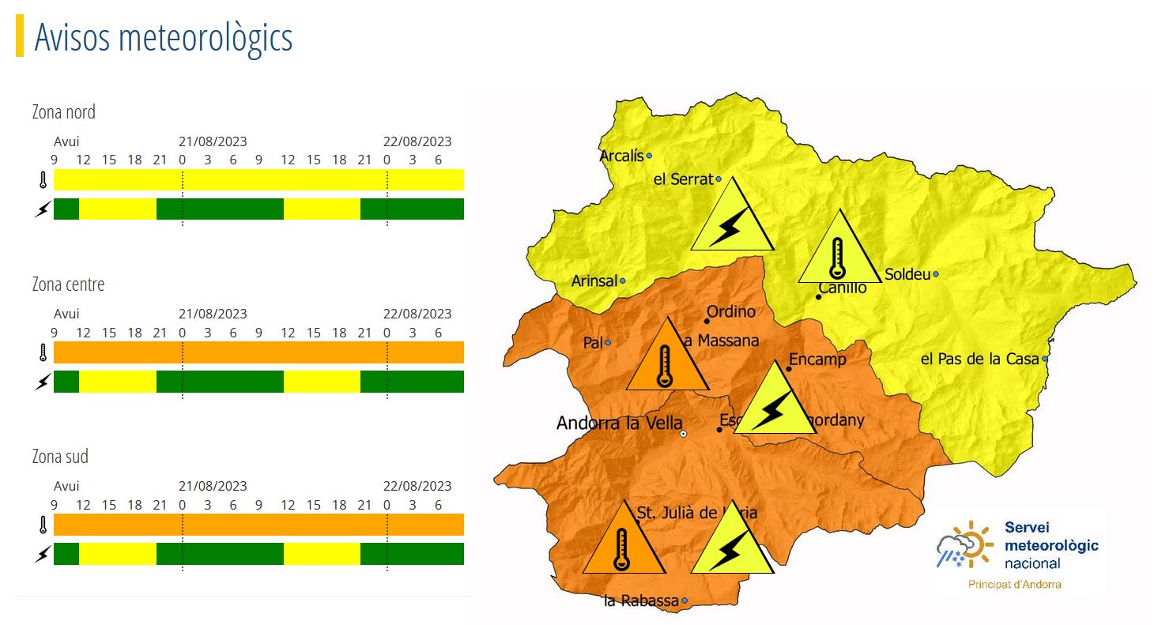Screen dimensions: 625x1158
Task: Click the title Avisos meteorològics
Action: coord(164,38)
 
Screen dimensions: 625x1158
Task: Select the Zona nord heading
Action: coord(63,112)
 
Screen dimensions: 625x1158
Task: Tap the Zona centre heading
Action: coord(68,284)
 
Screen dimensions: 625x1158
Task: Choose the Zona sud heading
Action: coord(60,457)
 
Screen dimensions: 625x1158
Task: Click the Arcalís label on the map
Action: coord(621,156)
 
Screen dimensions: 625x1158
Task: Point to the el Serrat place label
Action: coord(683,179)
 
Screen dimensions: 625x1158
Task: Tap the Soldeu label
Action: coord(907,275)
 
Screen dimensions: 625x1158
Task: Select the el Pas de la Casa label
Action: coord(979,360)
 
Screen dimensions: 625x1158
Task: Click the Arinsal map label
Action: coord(594,281)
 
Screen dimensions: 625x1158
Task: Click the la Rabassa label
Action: coord(640,601)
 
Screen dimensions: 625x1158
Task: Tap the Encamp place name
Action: coord(817,360)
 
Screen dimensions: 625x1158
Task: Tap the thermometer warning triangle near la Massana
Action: coord(666,360)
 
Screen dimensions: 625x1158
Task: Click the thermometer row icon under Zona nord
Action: coord(43,180)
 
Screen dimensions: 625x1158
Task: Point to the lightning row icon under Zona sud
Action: coord(43,554)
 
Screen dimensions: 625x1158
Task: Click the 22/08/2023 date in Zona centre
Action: coord(417,314)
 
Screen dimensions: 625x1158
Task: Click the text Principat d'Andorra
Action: coord(1015,585)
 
